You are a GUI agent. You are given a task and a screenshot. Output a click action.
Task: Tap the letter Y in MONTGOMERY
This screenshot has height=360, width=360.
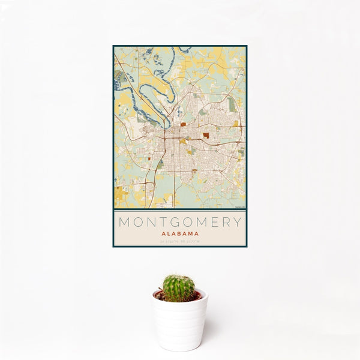238,222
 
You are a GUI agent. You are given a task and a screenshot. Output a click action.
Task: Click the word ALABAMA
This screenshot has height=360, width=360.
180,233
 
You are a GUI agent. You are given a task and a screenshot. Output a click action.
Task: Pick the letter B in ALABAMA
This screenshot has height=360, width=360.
181,233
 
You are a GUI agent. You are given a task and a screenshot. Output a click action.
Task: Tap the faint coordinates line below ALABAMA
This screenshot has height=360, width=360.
180,241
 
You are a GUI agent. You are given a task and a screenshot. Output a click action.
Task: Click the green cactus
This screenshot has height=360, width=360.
179,288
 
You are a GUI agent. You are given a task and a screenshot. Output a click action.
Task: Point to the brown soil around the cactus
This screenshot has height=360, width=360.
161,295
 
